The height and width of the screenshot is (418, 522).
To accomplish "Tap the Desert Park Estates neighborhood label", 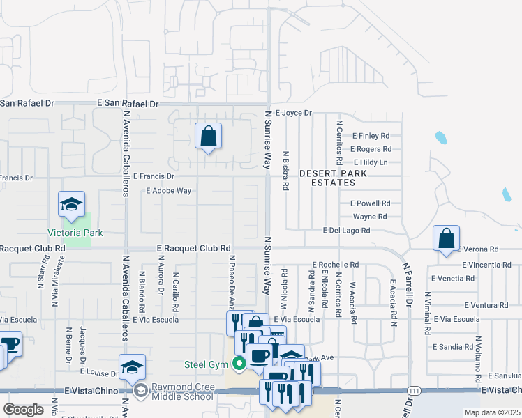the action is [327, 178].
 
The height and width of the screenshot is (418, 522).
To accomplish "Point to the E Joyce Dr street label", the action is [293, 112].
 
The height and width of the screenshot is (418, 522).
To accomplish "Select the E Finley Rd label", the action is [371, 136].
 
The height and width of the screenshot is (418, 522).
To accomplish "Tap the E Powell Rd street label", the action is [370, 203].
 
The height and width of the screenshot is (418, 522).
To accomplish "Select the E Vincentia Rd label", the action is [486, 265].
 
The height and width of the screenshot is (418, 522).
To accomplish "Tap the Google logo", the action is [23, 410].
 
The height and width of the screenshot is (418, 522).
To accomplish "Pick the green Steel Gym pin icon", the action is [239, 362].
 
